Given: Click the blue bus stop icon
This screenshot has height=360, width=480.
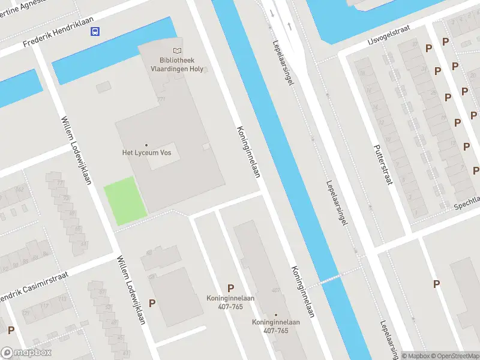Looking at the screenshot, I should pos(95,31).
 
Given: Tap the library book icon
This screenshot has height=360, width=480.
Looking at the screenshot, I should pos(177,51).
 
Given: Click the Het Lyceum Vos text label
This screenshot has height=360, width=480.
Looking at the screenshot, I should pos(146,152).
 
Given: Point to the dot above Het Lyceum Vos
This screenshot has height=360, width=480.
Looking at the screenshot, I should pos(146,144).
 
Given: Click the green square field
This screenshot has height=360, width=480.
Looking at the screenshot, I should pos(125,201).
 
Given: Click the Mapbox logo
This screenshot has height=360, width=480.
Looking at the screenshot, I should pos(26,353).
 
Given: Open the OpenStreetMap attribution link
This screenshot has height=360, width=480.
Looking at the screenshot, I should pos(454,356).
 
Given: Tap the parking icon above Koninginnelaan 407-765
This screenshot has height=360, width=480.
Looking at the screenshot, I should pos(230,289).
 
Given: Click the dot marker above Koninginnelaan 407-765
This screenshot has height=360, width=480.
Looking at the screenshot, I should pos(276,314).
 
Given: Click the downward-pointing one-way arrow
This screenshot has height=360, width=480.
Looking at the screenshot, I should pos(272,13).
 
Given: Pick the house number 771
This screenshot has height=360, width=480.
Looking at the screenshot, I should pos(160,99).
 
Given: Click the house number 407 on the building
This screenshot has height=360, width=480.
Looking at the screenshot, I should pos(275,290).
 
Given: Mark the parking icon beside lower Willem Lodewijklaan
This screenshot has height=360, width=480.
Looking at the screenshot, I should pos(152,303).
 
